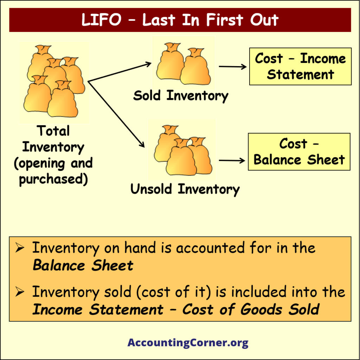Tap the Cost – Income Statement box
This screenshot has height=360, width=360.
tap(300, 66)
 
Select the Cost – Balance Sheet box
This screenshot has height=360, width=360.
tap(299, 152)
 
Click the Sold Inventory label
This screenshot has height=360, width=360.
tap(181, 96)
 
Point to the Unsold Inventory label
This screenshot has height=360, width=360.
tap(185, 189)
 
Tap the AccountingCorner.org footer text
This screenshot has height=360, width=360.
tap(188, 342)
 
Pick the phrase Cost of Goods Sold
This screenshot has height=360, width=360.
tap(251, 310)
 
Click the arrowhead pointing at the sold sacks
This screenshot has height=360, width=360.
tap(149, 64)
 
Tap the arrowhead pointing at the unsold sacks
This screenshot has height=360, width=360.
tap(142, 144)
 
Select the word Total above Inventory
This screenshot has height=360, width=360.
tap(53, 131)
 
